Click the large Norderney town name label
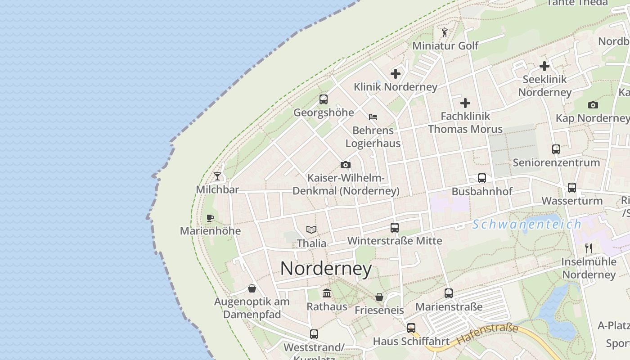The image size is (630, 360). coord(326,269)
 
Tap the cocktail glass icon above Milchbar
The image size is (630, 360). coord(218,176)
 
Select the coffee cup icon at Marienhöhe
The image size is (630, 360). coord(210,218)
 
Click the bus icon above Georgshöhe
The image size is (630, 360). coord(324,99)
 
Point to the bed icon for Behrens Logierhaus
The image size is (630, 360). coord(373,117)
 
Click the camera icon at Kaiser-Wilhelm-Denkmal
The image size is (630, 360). coord(346,165)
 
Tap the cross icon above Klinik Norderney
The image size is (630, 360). coord(396,73)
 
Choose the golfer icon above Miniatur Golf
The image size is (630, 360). coord(445,32)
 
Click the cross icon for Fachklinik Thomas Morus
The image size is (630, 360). coord(465,103)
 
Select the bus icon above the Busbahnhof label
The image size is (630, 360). coord(482,178)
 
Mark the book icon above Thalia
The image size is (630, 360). coord(311,229)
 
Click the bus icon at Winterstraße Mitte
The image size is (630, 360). coord(395,228)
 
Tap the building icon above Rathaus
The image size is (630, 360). coord(327,293)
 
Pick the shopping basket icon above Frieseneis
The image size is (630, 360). coord(379,297)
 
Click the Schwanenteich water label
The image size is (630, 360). coord(526,224)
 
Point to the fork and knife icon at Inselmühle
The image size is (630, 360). coord(588,248)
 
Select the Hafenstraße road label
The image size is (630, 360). coord(487,334)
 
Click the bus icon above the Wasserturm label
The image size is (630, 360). coord(572,188)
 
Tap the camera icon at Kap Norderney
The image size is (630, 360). coord(593,105)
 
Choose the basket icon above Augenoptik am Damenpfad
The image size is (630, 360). coord(252,288)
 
